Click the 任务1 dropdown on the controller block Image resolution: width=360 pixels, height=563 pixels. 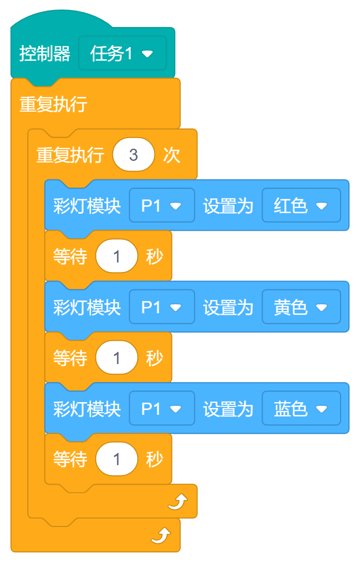click(x=122, y=53)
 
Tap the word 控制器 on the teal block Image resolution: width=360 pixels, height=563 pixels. click(x=44, y=53)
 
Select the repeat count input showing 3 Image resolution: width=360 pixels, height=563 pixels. click(x=133, y=155)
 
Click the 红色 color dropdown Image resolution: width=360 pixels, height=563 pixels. click(x=301, y=205)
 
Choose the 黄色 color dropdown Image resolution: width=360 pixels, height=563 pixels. click(x=301, y=307)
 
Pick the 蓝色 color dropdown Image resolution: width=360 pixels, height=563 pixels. click(x=301, y=408)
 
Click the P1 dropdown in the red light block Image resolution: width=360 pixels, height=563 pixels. click(x=161, y=205)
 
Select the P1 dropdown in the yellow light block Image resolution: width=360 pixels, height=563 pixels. click(x=161, y=307)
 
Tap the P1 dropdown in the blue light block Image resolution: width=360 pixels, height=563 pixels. click(x=161, y=408)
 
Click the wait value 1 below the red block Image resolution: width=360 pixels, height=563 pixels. click(x=116, y=257)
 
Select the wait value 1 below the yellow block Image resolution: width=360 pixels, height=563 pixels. click(x=116, y=358)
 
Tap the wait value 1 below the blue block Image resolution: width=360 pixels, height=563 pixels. click(x=116, y=459)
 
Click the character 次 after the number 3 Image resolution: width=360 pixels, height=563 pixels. click(x=172, y=155)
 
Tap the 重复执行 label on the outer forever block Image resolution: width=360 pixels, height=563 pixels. click(x=53, y=104)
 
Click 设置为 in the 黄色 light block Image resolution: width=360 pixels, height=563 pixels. click(x=228, y=307)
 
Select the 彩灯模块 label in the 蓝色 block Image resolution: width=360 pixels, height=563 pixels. click(x=87, y=408)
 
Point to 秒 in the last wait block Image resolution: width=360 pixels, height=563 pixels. click(x=154, y=459)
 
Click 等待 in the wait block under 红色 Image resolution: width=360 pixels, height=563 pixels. click(x=70, y=257)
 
